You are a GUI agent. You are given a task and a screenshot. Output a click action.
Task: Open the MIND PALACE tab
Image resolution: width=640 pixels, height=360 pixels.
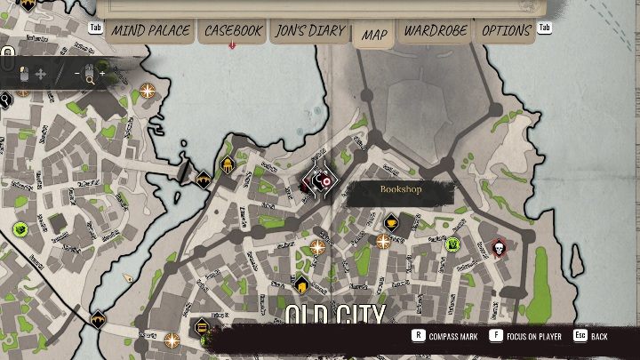click(x=149, y=30)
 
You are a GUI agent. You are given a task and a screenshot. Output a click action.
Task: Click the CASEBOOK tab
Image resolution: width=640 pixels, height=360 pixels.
click(x=233, y=30)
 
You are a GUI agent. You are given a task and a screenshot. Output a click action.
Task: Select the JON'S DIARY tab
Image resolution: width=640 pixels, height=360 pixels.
click(x=308, y=30)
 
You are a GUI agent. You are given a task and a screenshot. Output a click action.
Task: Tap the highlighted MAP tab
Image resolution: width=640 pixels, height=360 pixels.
click(x=374, y=35)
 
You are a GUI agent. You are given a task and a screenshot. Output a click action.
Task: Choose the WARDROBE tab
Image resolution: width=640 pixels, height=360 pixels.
click(x=436, y=30)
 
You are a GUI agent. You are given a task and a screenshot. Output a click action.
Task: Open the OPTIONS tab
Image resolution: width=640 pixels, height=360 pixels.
click(x=507, y=30)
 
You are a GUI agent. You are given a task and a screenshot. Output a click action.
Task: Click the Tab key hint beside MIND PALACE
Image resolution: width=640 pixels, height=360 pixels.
click(x=98, y=28)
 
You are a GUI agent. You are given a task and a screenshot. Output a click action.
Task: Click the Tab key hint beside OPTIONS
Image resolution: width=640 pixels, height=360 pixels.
click(x=545, y=28)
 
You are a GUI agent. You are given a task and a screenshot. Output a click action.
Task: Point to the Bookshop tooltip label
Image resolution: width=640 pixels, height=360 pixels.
click(x=400, y=190)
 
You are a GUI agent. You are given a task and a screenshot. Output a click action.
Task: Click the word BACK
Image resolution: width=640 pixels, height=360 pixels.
click(x=599, y=337)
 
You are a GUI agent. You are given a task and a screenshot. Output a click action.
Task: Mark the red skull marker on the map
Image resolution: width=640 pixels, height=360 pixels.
click(x=499, y=247)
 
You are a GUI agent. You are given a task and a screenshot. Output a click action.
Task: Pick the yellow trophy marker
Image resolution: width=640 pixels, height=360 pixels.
click(x=390, y=219)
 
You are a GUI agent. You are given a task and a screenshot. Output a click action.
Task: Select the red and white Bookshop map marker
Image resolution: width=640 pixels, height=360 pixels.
click(x=320, y=180)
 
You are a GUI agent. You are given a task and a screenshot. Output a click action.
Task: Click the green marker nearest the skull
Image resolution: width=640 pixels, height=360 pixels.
click(x=452, y=244)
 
